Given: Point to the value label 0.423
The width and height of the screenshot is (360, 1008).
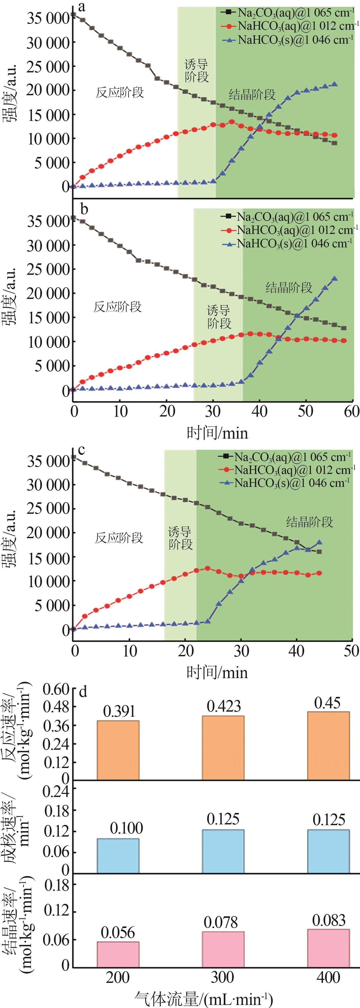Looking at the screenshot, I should (223, 706).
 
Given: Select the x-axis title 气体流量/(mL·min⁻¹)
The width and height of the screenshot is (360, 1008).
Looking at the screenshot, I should (204, 998).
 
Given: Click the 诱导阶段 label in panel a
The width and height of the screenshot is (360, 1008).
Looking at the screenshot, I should (196, 70).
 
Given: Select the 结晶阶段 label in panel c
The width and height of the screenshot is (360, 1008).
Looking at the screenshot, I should (309, 522).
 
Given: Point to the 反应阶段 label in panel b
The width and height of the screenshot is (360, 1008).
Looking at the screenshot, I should (117, 307).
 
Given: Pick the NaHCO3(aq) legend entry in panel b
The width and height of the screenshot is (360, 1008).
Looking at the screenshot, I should (290, 230).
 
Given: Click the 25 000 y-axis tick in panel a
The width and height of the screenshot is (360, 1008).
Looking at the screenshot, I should (48, 67).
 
